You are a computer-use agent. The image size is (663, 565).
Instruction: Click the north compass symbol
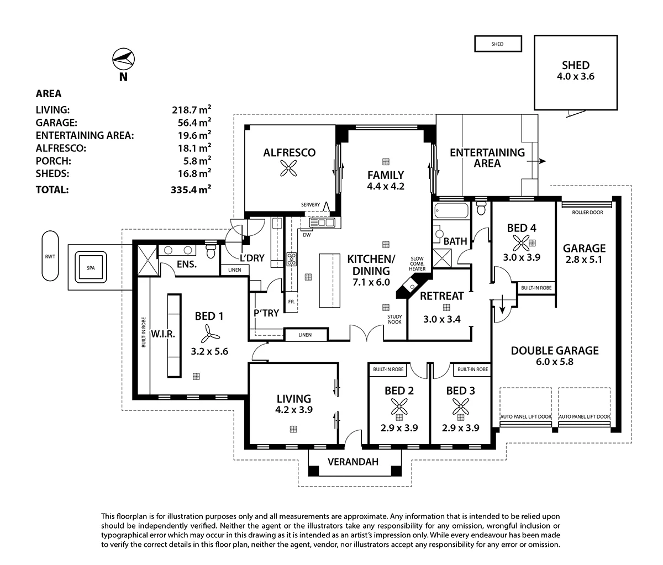point(124,59)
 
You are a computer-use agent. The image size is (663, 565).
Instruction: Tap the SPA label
point(91,268)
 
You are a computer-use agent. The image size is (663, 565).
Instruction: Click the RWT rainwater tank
point(50,256)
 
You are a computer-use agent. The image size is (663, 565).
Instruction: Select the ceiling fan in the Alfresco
point(288,168)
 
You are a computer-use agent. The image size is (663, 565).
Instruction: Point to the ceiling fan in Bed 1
point(209,334)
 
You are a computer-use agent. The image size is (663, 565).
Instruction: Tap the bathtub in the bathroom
point(451,210)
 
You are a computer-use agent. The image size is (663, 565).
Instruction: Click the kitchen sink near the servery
point(322,223)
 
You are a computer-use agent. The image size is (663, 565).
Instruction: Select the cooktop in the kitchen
point(292,259)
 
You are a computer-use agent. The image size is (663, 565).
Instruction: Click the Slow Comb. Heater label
point(417,263)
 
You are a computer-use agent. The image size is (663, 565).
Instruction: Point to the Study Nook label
point(394,319)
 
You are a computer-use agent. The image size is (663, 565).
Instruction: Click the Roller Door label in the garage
point(587,212)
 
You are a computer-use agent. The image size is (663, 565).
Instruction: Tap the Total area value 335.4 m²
point(191,189)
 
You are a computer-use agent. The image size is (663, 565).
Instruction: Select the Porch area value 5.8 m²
point(194,160)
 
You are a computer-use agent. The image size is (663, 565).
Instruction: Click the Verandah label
point(353,462)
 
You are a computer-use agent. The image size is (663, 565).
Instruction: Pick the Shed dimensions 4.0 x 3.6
point(576,76)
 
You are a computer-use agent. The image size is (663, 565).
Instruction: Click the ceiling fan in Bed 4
point(521,243)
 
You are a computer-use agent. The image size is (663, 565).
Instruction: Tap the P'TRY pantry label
point(266,313)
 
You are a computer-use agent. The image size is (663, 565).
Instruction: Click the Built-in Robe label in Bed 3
point(472,369)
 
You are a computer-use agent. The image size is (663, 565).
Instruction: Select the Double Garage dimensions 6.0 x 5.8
point(555,362)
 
